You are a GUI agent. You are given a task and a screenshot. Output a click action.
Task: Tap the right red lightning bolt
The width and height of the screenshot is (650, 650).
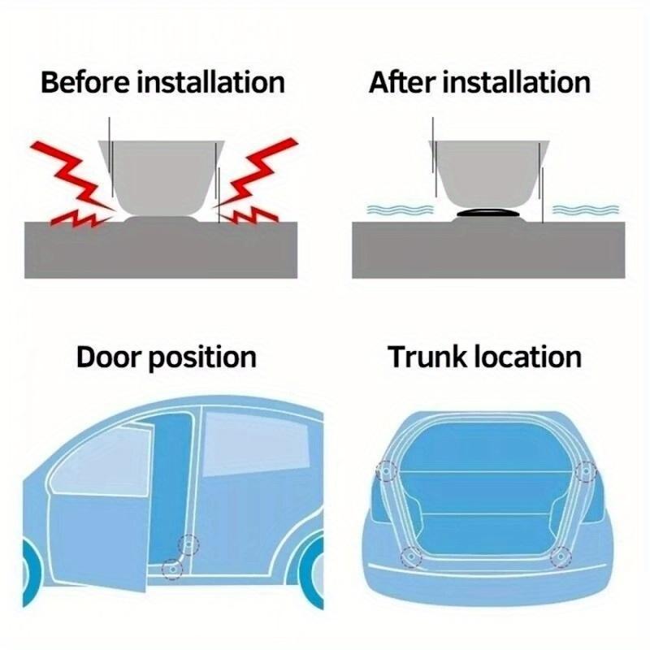coord(257,184)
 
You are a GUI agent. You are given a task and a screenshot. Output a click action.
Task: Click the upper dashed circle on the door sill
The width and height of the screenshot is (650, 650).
coord(189,544)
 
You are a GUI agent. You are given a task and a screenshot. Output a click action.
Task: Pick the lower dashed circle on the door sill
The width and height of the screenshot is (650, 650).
coord(171,569)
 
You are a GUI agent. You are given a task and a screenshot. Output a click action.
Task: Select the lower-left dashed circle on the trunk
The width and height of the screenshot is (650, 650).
coord(411,556)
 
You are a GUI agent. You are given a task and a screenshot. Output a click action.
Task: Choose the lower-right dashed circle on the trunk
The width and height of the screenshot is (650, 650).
coord(560,557)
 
